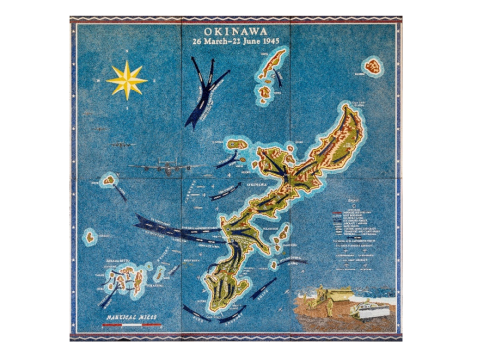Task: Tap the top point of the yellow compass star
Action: point(126,61)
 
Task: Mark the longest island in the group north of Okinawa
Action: point(272,67)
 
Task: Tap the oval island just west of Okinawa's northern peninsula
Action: point(238,144)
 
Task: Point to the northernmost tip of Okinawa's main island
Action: point(354,107)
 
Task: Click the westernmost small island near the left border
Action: point(90,238)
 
